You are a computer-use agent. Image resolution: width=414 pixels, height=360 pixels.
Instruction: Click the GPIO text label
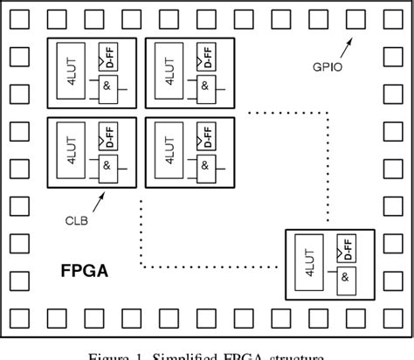327,65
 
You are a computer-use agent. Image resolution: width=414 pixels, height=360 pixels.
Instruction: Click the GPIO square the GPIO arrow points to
355,17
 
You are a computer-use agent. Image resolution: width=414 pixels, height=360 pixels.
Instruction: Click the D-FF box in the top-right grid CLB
205,59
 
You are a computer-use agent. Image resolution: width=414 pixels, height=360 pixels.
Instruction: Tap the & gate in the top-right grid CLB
204,87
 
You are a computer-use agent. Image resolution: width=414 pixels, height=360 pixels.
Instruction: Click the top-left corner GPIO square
18,17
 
